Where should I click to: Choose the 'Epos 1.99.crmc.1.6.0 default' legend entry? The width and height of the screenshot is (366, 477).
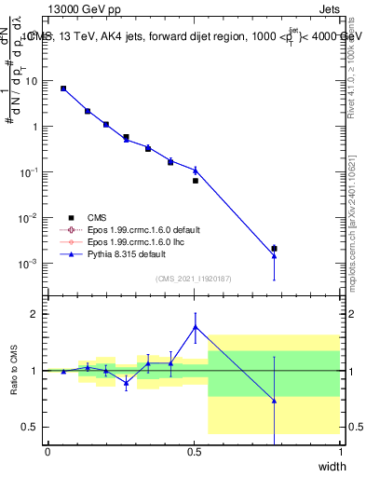click(x=140, y=229)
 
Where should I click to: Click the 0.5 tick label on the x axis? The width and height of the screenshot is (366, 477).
click(x=194, y=452)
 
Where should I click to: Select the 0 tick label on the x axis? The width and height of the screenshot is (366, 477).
click(x=47, y=452)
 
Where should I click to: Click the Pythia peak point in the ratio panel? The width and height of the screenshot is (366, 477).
click(x=195, y=326)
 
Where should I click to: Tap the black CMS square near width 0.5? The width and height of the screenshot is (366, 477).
click(x=195, y=180)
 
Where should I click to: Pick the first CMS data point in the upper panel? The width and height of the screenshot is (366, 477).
click(x=62, y=89)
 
